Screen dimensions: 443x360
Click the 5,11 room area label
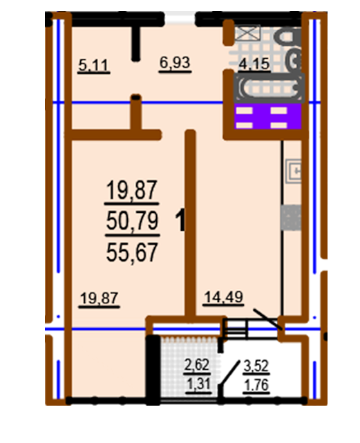click(95, 66)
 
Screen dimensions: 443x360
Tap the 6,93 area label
click(174, 63)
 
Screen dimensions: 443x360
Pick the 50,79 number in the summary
click(132, 221)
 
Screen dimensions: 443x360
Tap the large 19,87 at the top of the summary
click(132, 189)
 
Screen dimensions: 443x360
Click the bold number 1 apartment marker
click(181, 221)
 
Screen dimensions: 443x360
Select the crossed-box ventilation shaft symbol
click(245, 32)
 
